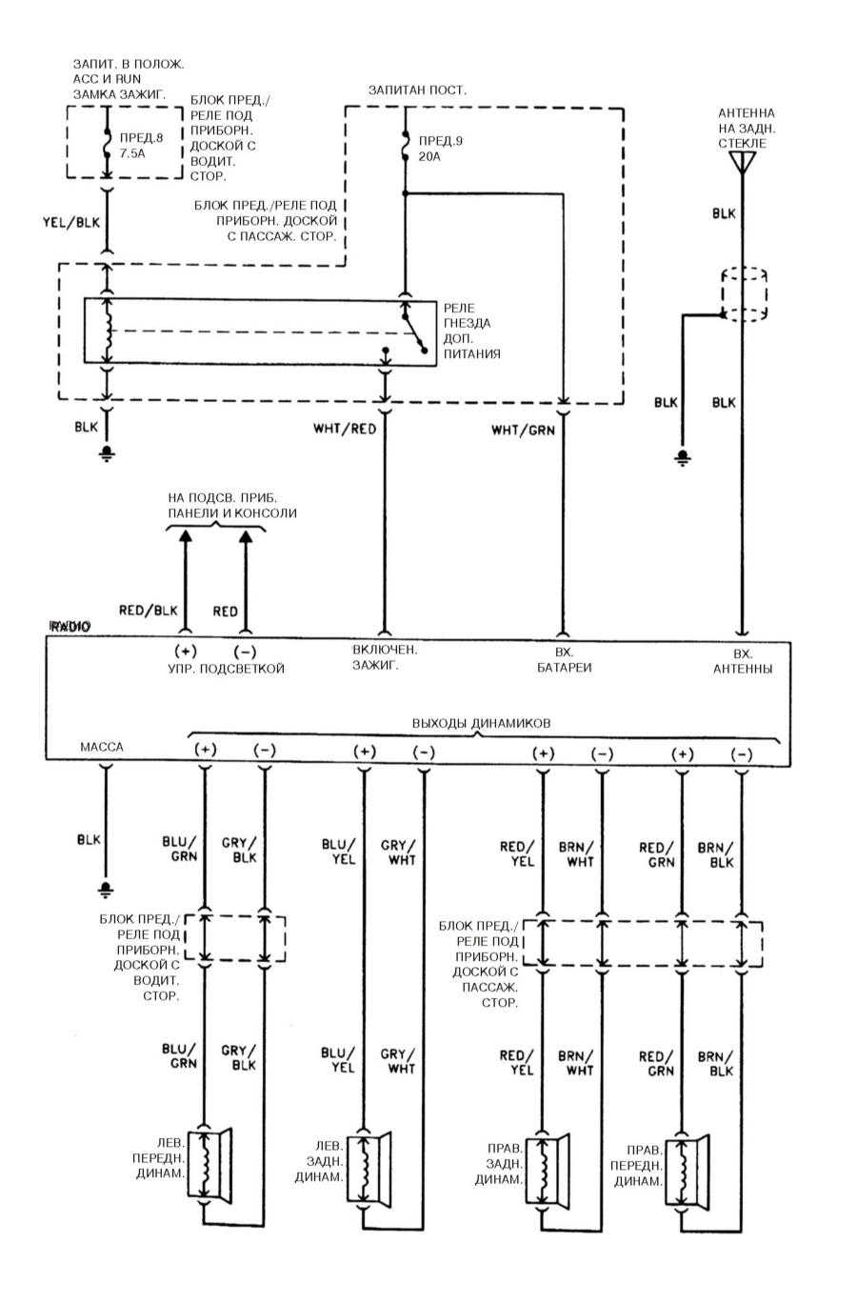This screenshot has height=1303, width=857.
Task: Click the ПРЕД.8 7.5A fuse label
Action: click(141, 146)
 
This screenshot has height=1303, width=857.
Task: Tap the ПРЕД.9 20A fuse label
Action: click(441, 149)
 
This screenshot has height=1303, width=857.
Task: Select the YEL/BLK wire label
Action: click(71, 222)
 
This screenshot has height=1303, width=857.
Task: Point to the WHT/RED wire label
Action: click(345, 430)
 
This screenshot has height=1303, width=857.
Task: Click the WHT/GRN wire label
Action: click(524, 431)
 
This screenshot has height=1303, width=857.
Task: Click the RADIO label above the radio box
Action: click(70, 627)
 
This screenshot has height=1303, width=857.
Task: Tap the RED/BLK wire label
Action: click(149, 611)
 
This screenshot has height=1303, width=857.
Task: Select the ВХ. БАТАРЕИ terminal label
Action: click(564, 660)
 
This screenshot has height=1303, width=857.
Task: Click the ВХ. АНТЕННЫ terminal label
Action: click(743, 661)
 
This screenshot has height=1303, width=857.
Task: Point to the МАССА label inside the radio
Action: click(102, 747)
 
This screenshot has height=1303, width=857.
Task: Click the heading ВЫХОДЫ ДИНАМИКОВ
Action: click(482, 723)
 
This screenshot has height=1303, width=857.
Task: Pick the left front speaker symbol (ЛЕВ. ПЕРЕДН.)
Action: click(209, 1163)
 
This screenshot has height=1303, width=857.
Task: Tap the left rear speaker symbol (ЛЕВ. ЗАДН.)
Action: click(369, 1166)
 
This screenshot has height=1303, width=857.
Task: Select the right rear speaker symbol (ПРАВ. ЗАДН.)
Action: click(548, 1169)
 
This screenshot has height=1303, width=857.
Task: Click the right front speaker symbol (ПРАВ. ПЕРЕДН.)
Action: click(687, 1171)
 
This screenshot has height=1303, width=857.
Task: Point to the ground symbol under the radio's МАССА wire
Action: click(106, 890)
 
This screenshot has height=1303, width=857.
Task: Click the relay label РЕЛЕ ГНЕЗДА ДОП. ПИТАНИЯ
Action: click(471, 331)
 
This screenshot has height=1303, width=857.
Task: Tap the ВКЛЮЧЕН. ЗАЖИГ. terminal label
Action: click(385, 657)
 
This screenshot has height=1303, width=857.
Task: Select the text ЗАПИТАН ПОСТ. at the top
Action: click(417, 90)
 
